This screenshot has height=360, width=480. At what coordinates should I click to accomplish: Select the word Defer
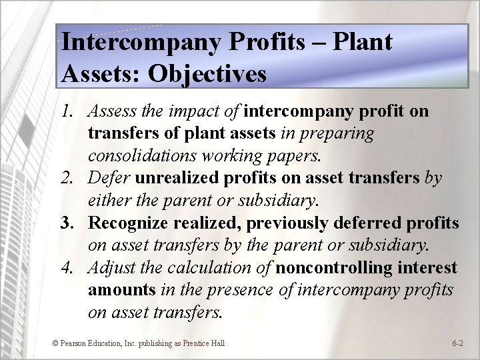(111, 179)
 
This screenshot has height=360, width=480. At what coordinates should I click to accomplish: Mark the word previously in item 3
(289, 223)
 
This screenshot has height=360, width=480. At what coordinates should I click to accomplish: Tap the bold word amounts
(121, 291)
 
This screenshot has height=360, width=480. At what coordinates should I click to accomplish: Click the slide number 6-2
(457, 343)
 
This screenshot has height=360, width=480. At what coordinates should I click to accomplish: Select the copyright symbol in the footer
(55, 343)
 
